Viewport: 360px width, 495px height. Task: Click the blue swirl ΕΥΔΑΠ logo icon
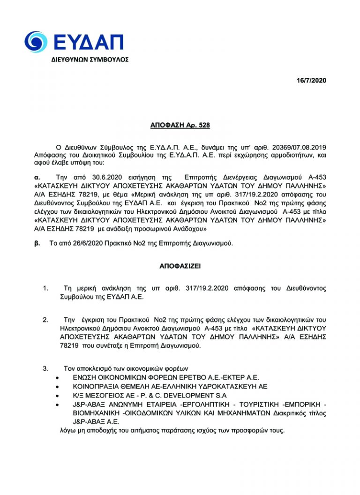(x=36, y=42)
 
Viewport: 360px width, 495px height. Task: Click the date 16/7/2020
(x=311, y=81)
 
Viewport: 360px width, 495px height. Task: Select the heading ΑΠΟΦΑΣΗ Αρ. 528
(x=180, y=125)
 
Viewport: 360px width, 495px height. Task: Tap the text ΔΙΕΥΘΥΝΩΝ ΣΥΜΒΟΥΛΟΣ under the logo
(x=90, y=60)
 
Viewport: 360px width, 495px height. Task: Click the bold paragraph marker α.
(x=37, y=178)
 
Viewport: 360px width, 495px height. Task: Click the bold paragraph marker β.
(x=37, y=243)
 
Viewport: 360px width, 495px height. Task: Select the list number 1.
(x=45, y=288)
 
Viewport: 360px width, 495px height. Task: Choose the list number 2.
(x=45, y=320)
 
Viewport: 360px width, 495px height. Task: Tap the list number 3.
(x=45, y=367)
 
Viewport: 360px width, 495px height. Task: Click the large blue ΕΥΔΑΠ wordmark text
(x=89, y=42)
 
